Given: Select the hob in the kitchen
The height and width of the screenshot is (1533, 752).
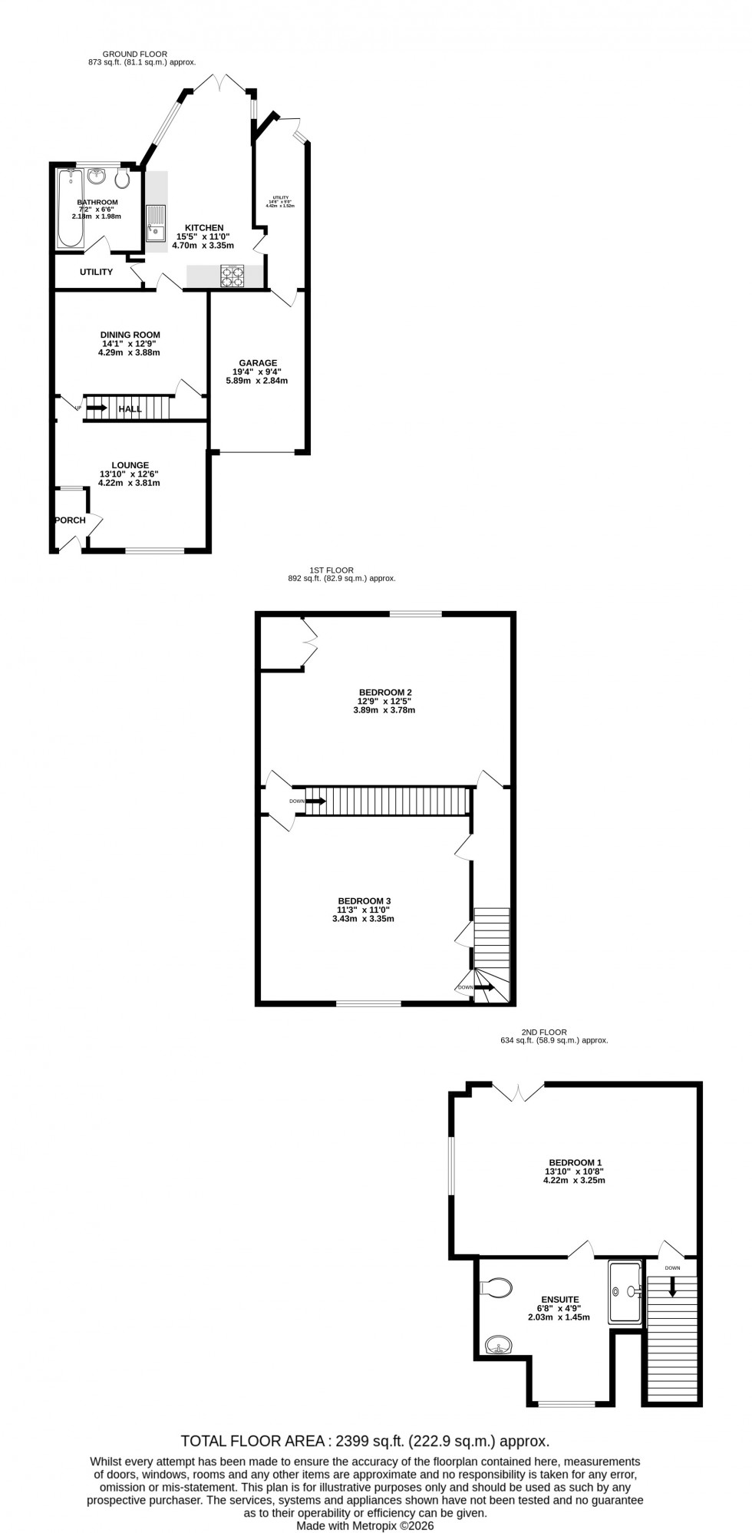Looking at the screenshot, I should click(232, 276).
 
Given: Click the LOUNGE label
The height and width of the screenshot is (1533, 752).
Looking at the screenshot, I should click(130, 465).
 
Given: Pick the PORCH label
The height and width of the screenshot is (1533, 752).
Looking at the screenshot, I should click(70, 520).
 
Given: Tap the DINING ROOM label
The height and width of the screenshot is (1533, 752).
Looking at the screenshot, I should click(130, 335).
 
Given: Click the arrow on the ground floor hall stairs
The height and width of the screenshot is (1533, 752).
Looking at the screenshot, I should click(96, 408).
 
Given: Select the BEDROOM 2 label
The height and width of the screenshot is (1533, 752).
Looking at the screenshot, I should click(380, 692).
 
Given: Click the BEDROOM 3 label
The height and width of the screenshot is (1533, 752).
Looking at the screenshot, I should click(364, 900).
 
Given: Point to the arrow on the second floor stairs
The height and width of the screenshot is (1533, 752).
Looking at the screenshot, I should click(672, 1287).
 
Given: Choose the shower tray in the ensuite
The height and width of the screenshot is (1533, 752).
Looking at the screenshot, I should click(626, 1291).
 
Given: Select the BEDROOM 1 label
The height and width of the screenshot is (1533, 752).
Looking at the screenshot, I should click(574, 1162).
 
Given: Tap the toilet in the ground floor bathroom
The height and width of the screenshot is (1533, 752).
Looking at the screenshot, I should click(121, 179).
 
